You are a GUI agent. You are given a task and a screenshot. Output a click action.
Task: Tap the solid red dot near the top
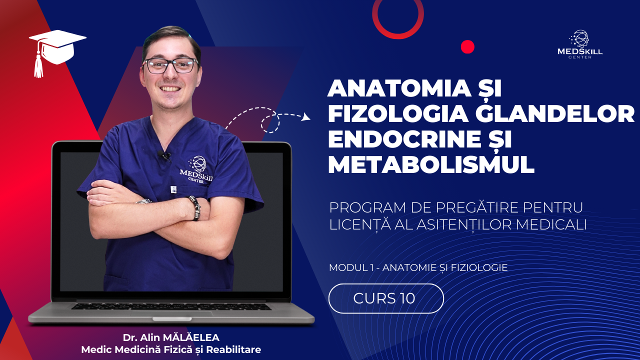(x=467, y=47)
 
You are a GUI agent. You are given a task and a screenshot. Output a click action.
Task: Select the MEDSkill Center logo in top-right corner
(x=579, y=44)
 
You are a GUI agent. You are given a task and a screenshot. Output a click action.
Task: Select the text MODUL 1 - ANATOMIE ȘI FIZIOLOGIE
(x=418, y=267)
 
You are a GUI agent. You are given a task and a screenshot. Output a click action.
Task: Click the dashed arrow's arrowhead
(x=305, y=118)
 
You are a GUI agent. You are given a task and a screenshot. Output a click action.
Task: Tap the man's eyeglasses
(x=170, y=65)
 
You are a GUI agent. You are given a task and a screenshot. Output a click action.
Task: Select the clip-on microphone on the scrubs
(x=165, y=156)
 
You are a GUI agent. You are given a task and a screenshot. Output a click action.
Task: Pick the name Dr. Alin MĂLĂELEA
(x=171, y=337)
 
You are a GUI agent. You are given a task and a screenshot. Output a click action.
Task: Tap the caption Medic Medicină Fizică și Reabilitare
(x=171, y=349)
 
